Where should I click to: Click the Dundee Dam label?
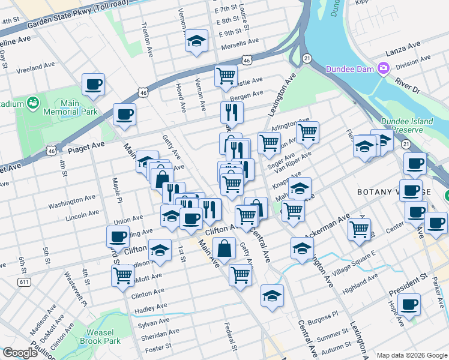click(351, 69)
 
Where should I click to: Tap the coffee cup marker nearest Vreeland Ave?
click(93, 85)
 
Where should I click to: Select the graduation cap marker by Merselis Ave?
click(196, 41)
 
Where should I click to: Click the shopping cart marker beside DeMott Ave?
click(122, 276)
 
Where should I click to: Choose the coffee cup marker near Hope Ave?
click(411, 305)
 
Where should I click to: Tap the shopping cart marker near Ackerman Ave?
click(359, 229)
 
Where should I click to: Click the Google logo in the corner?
click(20, 353)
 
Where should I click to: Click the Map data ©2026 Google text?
click(411, 355)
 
